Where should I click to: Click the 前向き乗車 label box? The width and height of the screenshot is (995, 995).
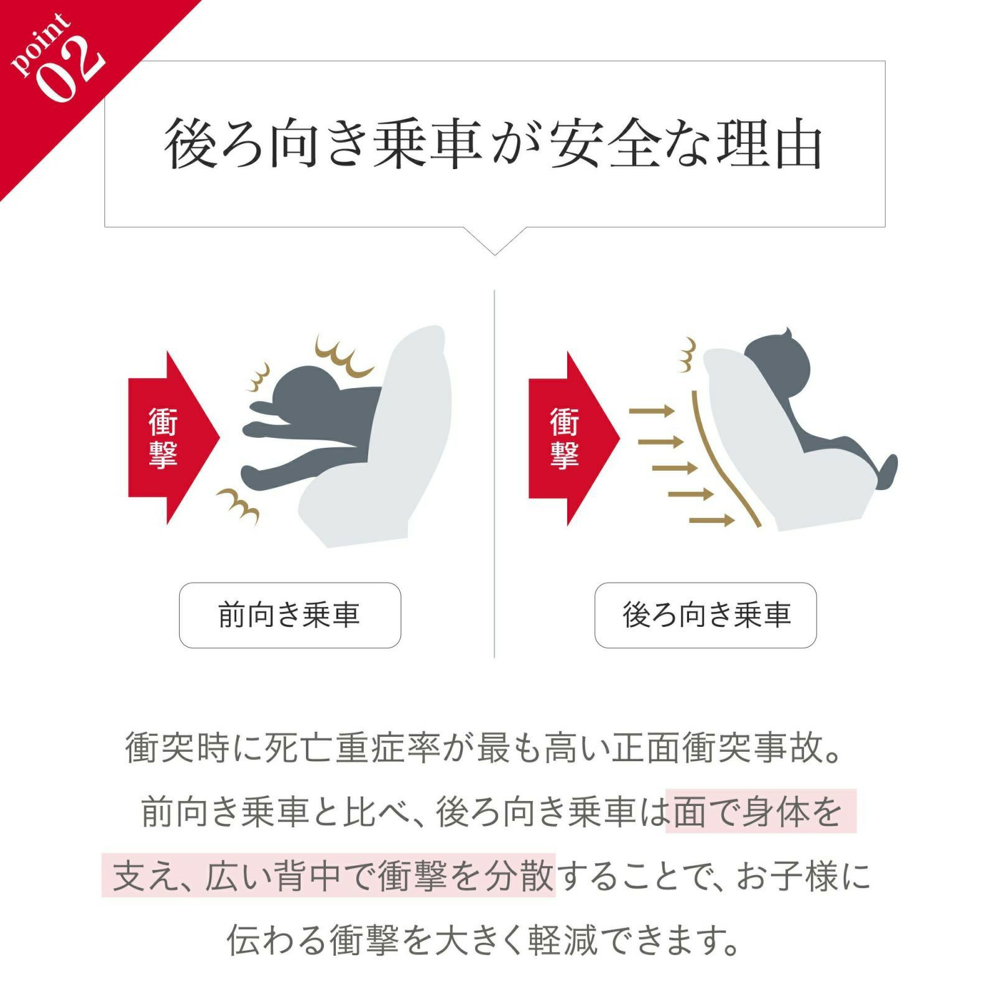pos(290,615)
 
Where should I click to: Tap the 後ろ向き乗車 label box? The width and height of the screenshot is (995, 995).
pos(705,615)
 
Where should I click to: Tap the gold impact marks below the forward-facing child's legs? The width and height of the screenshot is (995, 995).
pos(239,504)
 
